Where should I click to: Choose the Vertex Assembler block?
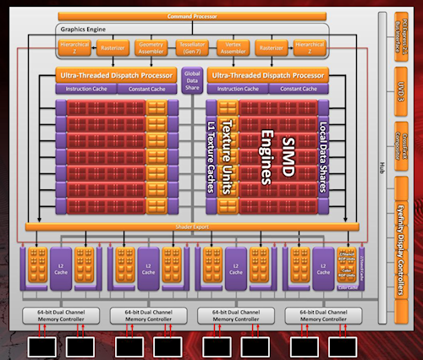pos(233,48)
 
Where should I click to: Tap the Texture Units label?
pos(227,157)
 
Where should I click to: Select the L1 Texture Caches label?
pos(212,157)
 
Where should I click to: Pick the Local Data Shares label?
pos(322,157)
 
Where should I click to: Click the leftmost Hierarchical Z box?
pos(76,48)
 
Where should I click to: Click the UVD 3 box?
pos(404,92)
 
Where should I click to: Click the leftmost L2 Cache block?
pos(61,264)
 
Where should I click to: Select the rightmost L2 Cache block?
pos(321,264)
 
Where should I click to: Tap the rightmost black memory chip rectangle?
pos(344,346)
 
